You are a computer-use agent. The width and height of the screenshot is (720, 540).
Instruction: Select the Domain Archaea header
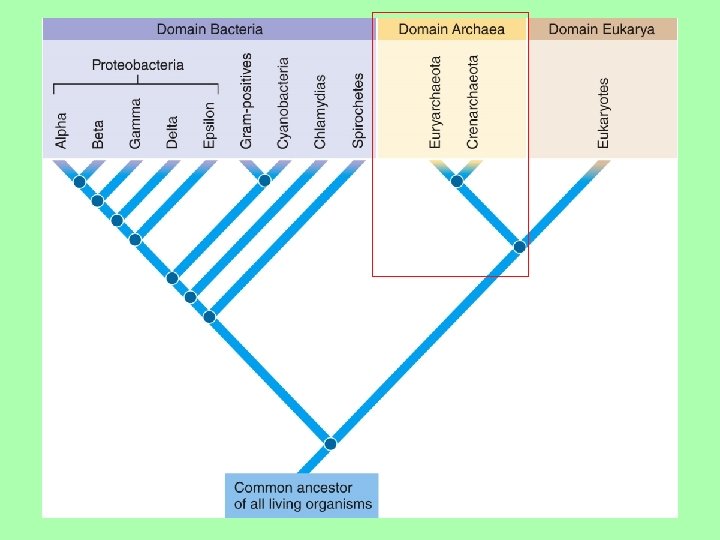click(x=451, y=29)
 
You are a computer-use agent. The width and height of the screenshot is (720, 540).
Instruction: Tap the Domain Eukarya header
click(x=602, y=29)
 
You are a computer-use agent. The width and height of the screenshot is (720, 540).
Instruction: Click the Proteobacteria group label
click(x=138, y=66)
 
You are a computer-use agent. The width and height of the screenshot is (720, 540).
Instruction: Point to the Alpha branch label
click(x=62, y=129)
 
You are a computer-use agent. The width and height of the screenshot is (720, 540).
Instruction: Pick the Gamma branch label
click(x=135, y=123)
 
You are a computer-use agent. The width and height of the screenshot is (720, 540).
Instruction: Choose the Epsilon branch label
click(x=209, y=125)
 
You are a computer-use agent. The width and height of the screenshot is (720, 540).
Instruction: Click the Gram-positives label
click(x=246, y=102)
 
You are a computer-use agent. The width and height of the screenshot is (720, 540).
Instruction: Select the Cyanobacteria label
click(x=283, y=104)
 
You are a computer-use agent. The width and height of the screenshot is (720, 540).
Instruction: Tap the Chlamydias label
click(x=320, y=110)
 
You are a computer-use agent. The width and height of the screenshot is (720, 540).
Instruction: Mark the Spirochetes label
click(x=358, y=110)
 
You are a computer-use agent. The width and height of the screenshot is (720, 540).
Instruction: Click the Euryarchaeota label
click(x=435, y=103)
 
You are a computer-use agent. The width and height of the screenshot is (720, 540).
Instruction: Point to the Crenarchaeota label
click(x=473, y=102)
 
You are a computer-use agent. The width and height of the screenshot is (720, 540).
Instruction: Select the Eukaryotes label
click(x=603, y=114)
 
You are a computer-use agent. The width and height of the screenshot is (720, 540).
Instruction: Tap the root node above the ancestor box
click(x=330, y=444)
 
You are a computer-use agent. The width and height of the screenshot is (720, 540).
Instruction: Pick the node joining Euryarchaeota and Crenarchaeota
click(x=456, y=181)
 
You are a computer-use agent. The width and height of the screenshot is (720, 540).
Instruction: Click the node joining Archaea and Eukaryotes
click(x=519, y=246)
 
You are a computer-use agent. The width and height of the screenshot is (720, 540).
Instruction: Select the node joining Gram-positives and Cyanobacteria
click(x=264, y=181)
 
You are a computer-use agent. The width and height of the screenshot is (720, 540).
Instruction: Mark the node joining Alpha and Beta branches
click(x=78, y=182)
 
